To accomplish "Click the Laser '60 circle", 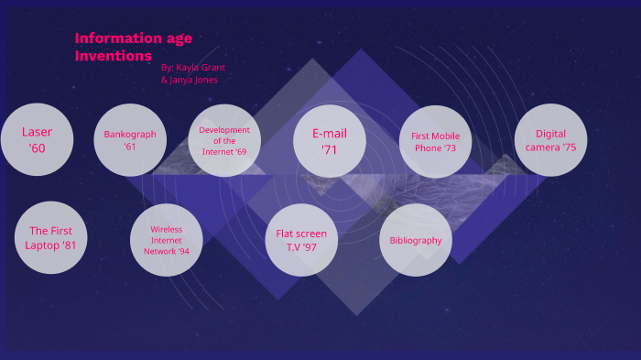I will coord(37,140).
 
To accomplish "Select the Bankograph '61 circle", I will coord(130,140).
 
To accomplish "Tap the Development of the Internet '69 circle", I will coord(224,140).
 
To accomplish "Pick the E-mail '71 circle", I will coord(330,140).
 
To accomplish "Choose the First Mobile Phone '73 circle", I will coord(436,141).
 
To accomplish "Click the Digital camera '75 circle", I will coord(550,140).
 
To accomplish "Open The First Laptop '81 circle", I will coord(51,238).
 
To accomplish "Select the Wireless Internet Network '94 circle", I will coord(167,239).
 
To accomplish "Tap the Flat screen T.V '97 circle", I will coord(301,240).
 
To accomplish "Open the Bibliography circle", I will coord(416,240).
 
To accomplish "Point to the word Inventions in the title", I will coord(114,56).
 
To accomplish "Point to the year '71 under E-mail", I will coord(330,149).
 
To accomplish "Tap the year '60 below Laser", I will coord(37,147).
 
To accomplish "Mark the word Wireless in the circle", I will coord(167,229).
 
